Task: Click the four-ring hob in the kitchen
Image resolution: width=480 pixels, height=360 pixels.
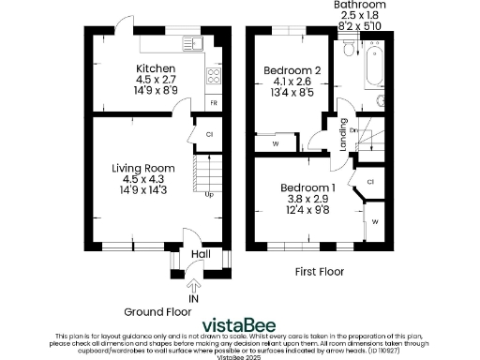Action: coord(213,78)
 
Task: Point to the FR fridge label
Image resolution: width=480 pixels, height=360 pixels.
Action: coord(214,101)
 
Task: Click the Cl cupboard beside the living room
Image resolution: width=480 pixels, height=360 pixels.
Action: coord(209,135)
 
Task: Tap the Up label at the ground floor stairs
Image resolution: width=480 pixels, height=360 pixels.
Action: coord(208,194)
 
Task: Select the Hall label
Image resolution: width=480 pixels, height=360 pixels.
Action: coord(200,253)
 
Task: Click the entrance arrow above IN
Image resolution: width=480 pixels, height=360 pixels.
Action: coord(194,285)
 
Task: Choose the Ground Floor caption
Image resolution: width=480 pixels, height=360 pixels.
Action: coord(157,311)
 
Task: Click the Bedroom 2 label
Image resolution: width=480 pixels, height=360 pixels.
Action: coord(292,71)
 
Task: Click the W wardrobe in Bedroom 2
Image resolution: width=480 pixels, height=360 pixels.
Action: coord(275,144)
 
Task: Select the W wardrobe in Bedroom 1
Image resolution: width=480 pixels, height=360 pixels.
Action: coord(374,222)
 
